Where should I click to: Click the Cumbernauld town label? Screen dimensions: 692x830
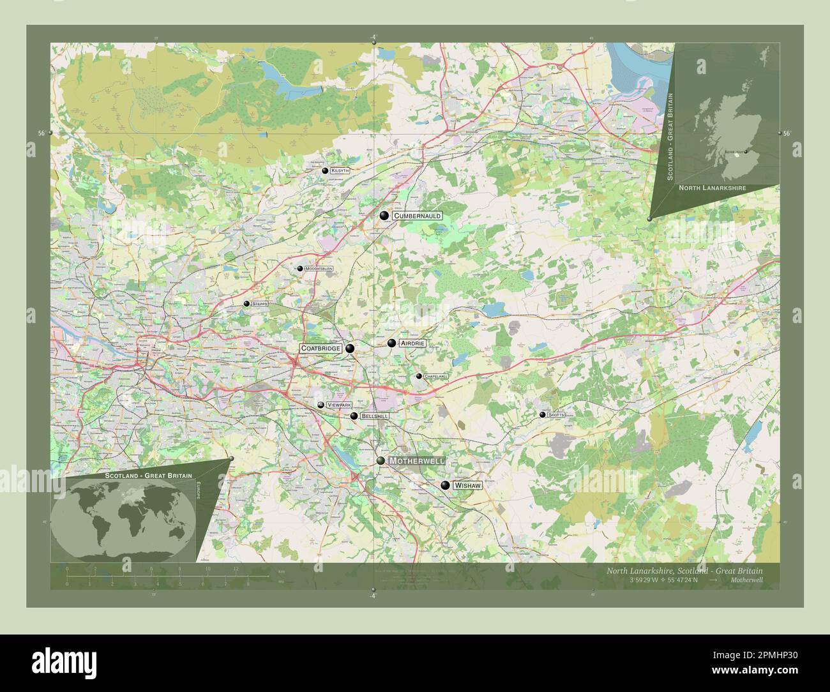418,216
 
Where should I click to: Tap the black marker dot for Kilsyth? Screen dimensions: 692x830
325,171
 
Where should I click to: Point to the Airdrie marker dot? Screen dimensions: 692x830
391,343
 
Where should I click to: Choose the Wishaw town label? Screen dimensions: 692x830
467,486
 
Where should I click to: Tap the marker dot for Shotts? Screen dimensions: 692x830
543,415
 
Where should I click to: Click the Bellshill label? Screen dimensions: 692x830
374,416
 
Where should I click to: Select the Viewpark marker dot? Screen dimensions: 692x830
321,405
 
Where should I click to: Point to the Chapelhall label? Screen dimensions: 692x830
436,377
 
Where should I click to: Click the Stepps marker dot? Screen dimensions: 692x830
246,304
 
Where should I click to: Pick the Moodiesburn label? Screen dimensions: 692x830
319,269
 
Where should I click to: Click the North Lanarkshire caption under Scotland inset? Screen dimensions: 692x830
711,188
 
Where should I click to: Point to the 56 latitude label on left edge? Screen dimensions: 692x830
41,133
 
